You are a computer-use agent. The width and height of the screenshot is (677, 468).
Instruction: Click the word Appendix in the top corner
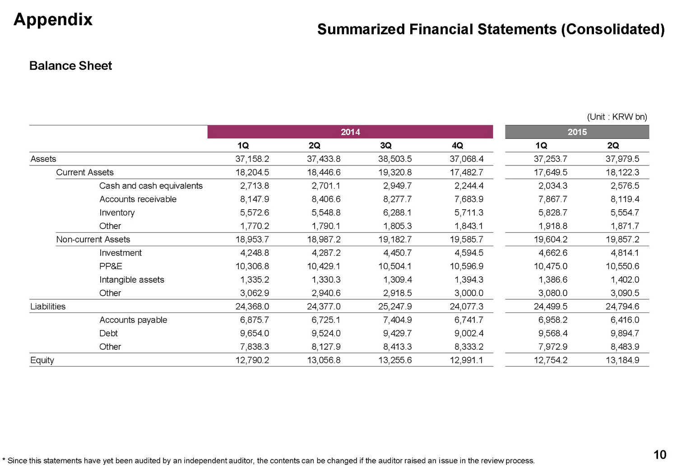pyautogui.click(x=53, y=20)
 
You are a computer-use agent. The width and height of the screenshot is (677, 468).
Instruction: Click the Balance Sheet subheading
pyautogui.click(x=70, y=66)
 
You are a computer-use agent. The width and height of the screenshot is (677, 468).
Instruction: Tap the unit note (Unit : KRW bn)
pyautogui.click(x=617, y=117)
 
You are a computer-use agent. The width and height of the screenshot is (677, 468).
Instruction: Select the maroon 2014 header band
pyautogui.click(x=350, y=132)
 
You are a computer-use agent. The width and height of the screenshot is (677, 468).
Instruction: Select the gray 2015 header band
pyautogui.click(x=577, y=132)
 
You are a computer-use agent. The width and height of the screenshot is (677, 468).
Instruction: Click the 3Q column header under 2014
pyautogui.click(x=385, y=146)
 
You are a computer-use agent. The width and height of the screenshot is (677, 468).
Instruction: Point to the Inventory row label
pyautogui.click(x=117, y=213)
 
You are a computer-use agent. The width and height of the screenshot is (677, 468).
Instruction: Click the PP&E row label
pyautogui.click(x=111, y=266)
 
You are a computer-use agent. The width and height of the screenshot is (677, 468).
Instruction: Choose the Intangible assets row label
pyautogui.click(x=132, y=280)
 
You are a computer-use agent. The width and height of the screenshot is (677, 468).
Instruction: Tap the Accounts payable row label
pyautogui.click(x=133, y=320)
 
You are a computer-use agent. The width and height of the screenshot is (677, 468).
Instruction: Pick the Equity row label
pyautogui.click(x=42, y=360)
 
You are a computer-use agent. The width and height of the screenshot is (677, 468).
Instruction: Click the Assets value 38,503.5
pyautogui.click(x=395, y=159)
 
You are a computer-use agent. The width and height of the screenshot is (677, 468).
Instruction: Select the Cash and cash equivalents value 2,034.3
pyautogui.click(x=552, y=186)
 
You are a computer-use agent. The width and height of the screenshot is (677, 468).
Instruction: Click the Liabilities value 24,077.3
pyautogui.click(x=466, y=307)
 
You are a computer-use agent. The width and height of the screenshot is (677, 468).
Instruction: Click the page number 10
pyautogui.click(x=659, y=455)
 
